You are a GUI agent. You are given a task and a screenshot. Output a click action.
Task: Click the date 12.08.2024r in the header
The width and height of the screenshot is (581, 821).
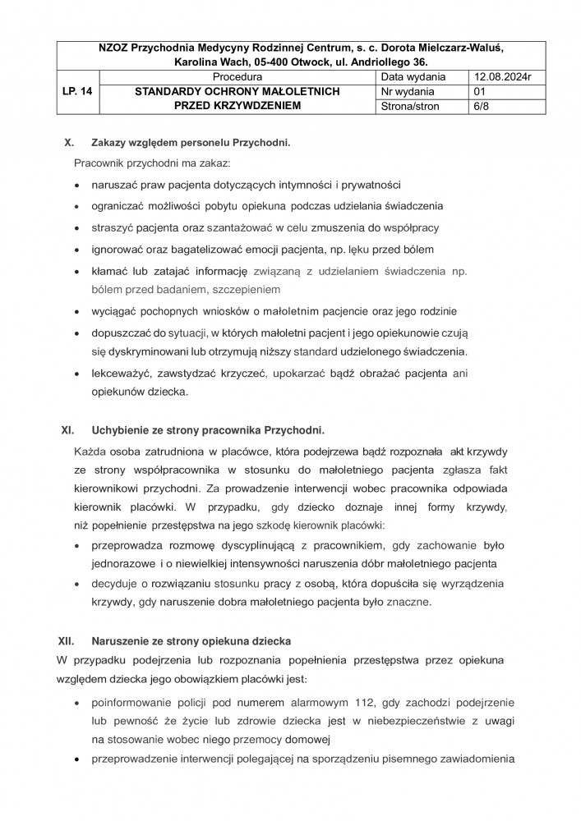[497, 77]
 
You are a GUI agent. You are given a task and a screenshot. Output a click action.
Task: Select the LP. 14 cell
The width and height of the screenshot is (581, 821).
[76, 92]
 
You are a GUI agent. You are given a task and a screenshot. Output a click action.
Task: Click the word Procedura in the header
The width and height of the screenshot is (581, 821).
[237, 77]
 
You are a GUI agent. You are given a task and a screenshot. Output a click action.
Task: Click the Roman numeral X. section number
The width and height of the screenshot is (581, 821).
[70, 143]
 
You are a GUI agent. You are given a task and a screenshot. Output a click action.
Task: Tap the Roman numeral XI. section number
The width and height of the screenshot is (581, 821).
[69, 429]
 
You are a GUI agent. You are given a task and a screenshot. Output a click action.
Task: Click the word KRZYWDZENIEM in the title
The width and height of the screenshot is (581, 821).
[257, 107]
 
